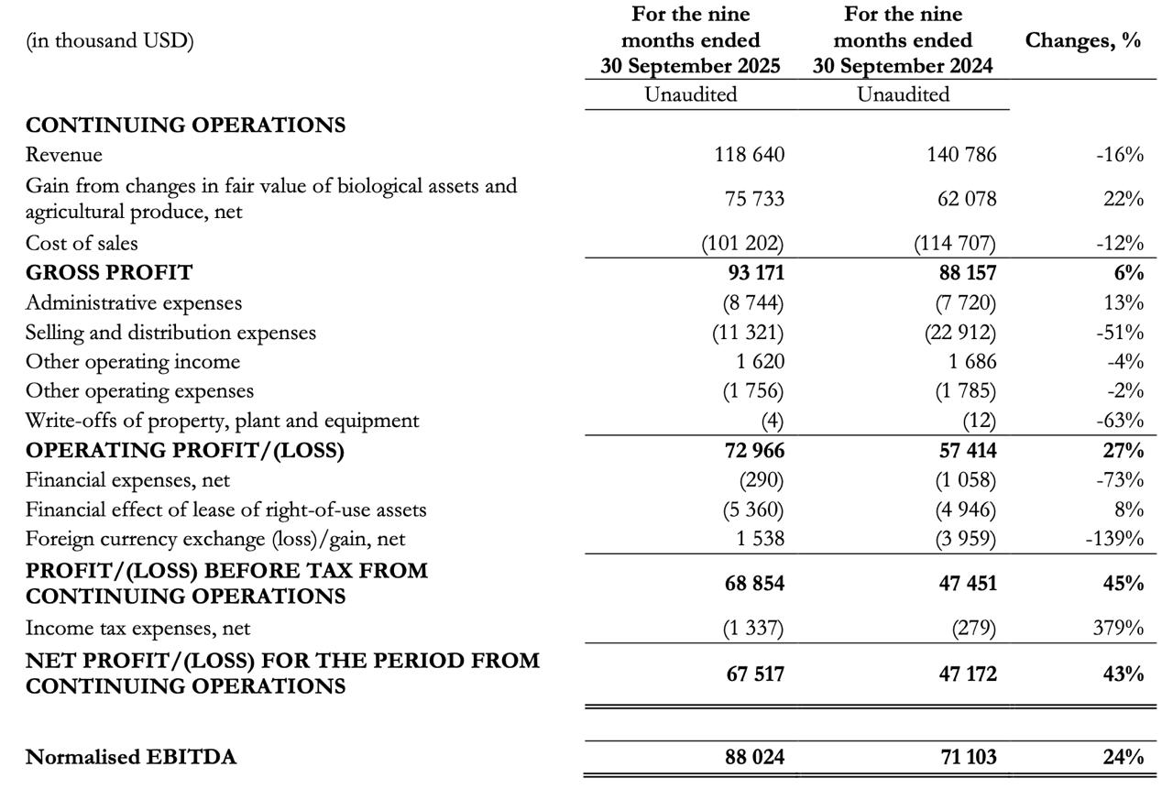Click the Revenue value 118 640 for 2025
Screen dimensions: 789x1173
click(x=749, y=155)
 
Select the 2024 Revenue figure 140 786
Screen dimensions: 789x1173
click(x=961, y=155)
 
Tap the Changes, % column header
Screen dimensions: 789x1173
click(x=1082, y=40)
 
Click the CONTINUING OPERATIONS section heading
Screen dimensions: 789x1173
click(x=185, y=126)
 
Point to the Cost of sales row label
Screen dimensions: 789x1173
click(x=82, y=243)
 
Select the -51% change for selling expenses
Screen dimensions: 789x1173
click(x=1119, y=333)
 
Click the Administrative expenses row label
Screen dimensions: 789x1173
click(x=134, y=302)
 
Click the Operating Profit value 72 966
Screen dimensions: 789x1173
click(x=753, y=451)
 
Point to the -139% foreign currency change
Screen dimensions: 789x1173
click(x=1113, y=538)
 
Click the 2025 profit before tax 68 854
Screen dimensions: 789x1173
click(x=753, y=584)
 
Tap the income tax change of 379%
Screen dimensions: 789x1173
click(x=1122, y=629)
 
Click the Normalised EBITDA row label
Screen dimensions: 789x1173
click(x=131, y=757)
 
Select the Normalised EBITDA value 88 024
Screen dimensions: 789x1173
click(x=753, y=757)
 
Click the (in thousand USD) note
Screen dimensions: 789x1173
click(x=110, y=41)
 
